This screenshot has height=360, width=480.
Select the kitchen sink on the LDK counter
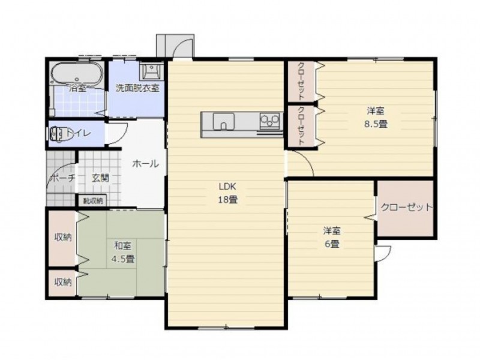224,121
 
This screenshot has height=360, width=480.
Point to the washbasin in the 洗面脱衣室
151,71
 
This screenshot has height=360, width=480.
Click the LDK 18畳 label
228,193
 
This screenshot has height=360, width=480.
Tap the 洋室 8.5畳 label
376,117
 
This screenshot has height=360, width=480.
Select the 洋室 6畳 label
332,237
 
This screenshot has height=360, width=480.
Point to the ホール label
145,164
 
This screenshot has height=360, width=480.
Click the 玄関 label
101,178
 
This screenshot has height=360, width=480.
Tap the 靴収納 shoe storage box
92,201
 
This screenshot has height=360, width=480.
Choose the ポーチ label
62,178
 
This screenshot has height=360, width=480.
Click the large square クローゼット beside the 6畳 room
406,208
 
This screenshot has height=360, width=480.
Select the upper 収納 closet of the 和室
63,238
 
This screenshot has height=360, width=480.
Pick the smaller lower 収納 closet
63,283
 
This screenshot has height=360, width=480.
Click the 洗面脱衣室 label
137,88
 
